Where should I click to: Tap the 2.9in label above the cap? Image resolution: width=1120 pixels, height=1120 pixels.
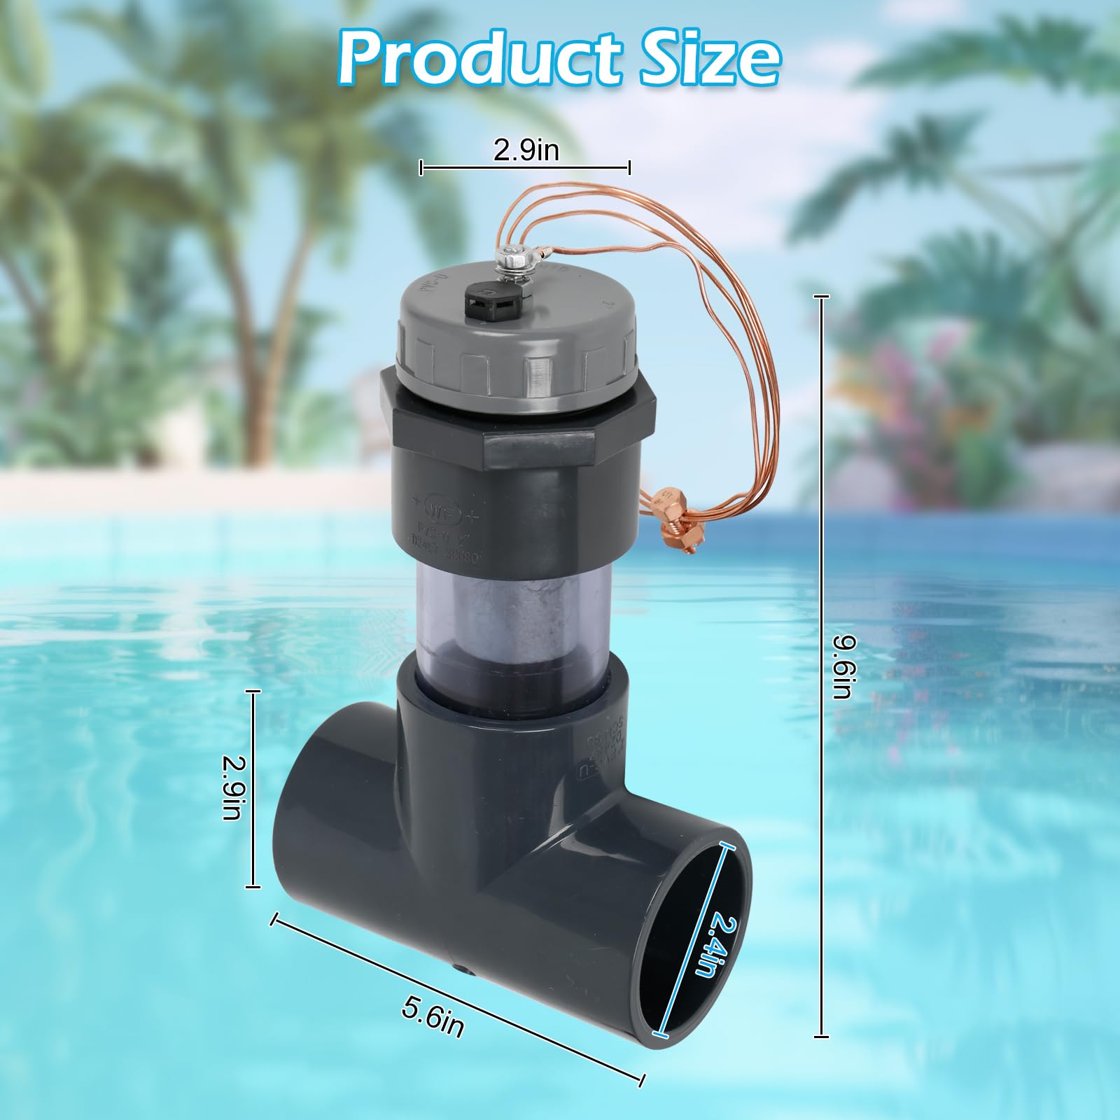[x=526, y=149]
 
